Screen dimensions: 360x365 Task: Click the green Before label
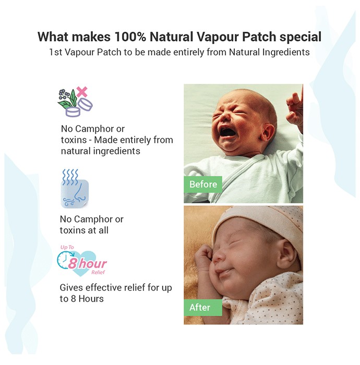pos(203,185)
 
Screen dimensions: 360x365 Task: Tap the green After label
pos(203,308)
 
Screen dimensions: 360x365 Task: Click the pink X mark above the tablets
pos(82,92)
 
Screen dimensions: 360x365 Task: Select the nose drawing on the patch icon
pos(80,193)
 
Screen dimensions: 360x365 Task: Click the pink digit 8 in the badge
pos(73,263)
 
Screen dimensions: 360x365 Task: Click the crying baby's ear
pos(267,134)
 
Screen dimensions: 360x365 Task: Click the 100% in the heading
pos(130,37)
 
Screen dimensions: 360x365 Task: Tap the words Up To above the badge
pos(67,247)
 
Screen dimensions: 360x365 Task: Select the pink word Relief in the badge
pos(98,272)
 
